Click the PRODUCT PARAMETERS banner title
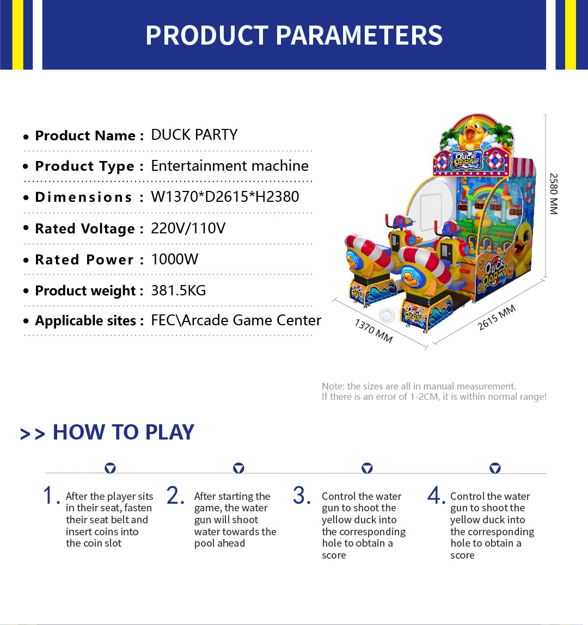click(294, 35)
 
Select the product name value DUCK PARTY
click(194, 135)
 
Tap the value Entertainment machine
click(230, 165)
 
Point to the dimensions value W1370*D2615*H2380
click(225, 196)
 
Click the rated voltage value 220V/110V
click(188, 228)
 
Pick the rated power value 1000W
click(175, 259)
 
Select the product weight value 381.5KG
click(179, 290)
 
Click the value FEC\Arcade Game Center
click(236, 320)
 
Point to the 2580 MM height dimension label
click(554, 194)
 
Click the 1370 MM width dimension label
click(374, 330)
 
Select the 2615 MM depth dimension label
click(497, 317)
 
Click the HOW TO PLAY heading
click(124, 432)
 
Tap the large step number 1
click(48, 496)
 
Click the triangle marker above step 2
click(238, 468)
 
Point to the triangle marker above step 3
click(367, 468)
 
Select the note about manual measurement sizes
click(434, 392)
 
